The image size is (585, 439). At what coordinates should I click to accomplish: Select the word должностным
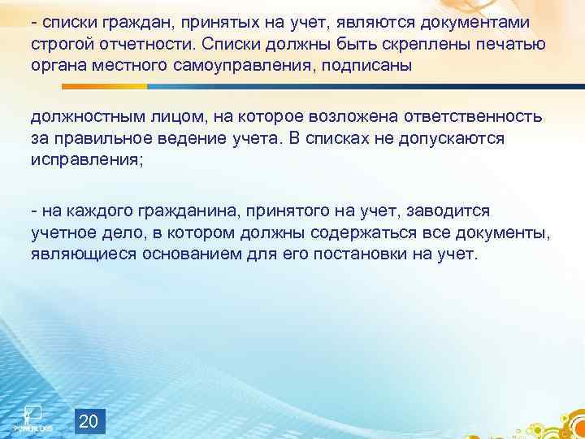click(x=85, y=117)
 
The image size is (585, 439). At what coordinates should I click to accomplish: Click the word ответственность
click(x=473, y=117)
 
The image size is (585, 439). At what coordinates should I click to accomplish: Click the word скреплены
click(x=394, y=44)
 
